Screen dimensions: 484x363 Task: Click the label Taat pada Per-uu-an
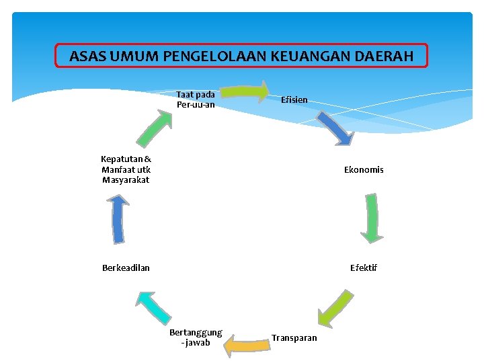pos(196,99)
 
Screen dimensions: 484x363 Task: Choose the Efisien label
pos(294,99)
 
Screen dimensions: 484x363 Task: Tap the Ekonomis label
pos(364,170)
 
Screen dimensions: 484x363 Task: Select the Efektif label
pos(364,268)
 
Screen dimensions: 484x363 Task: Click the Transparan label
pos(294,337)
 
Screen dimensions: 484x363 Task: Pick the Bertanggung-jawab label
pos(196,337)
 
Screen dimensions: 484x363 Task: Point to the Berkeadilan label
pos(126,268)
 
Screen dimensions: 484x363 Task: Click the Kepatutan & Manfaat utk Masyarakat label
pos(126,169)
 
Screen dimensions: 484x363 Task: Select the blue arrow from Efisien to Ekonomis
pos(335,128)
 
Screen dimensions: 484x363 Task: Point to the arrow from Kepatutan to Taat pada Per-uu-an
pos(154,128)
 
